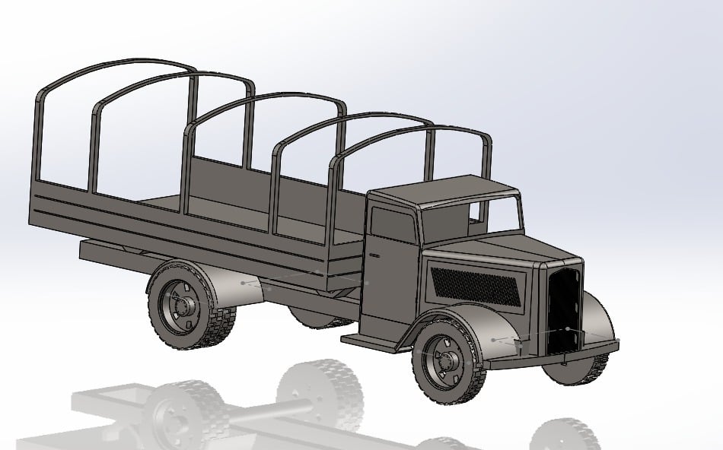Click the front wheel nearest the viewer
click(447, 361)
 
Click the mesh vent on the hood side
click(476, 286)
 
